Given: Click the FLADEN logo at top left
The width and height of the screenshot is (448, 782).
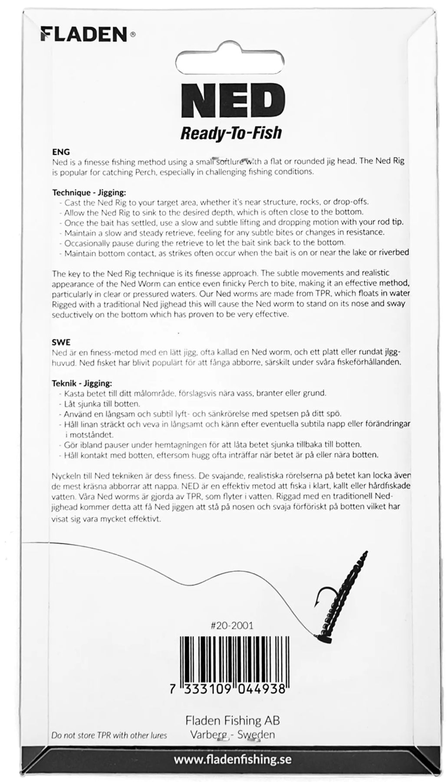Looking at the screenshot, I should coord(84,34).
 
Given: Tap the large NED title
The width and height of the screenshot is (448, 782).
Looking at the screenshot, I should coord(231,99).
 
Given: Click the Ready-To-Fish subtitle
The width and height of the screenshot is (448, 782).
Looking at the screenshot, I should coord(231,133).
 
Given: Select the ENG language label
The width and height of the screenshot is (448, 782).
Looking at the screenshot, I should coord(61,152).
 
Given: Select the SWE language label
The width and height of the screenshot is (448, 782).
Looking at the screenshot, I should coord(61,342).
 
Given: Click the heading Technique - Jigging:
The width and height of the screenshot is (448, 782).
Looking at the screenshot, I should coord(89,192).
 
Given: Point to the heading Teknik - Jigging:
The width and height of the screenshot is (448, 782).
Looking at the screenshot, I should coord(82,383).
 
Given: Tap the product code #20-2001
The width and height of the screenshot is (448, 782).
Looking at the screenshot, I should coord(231,626).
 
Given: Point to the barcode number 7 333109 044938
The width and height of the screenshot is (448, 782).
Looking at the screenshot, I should coord(233,689).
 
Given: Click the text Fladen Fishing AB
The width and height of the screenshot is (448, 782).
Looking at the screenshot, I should coord(233,720).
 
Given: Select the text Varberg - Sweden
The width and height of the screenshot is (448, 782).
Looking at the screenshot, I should coord(233,735).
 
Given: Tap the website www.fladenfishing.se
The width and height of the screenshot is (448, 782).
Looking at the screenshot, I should coord(233,760).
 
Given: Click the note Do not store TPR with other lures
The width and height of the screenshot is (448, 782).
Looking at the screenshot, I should coord(109,735).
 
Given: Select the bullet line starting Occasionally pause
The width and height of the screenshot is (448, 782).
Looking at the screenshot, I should coord(204,242).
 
